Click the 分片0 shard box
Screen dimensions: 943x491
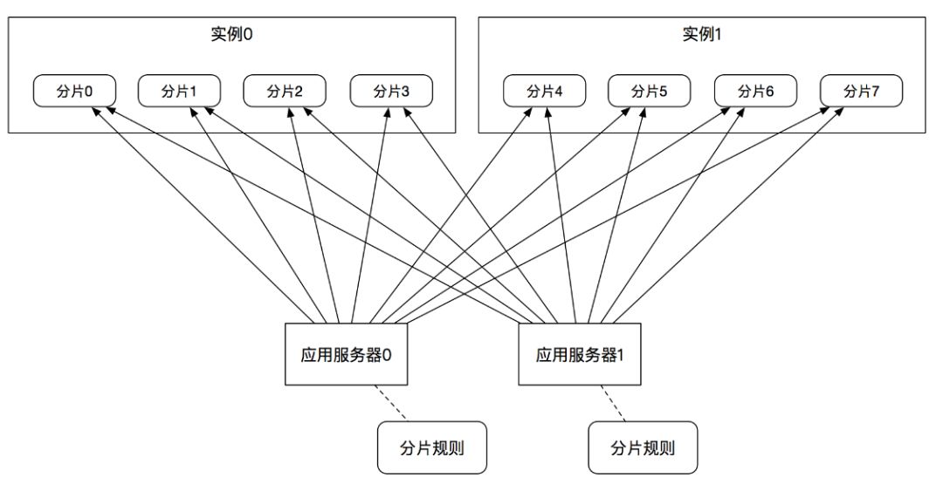click(x=74, y=92)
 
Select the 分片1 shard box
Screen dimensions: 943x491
click(x=179, y=92)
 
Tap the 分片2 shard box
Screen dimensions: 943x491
click(x=285, y=92)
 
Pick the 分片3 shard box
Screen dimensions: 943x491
click(x=391, y=92)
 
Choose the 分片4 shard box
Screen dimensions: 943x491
click(x=544, y=92)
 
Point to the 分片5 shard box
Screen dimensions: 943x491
click(x=650, y=92)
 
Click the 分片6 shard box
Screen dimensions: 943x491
click(x=755, y=92)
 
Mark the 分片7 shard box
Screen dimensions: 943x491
click(x=861, y=92)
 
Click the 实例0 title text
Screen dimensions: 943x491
click(x=231, y=34)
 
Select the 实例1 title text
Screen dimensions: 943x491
click(x=702, y=34)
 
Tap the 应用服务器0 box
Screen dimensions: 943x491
click(x=346, y=355)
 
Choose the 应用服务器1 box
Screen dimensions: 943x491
click(x=580, y=355)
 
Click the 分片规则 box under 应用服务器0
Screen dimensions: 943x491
click(x=432, y=447)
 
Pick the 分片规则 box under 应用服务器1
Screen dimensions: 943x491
click(x=643, y=447)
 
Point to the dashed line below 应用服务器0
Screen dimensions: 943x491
click(x=391, y=403)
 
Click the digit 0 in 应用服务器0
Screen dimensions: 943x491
click(x=387, y=355)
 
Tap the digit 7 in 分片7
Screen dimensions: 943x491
click(x=875, y=92)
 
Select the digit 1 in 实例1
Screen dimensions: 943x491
click(x=718, y=34)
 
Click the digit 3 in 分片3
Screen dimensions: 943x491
click(x=405, y=92)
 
